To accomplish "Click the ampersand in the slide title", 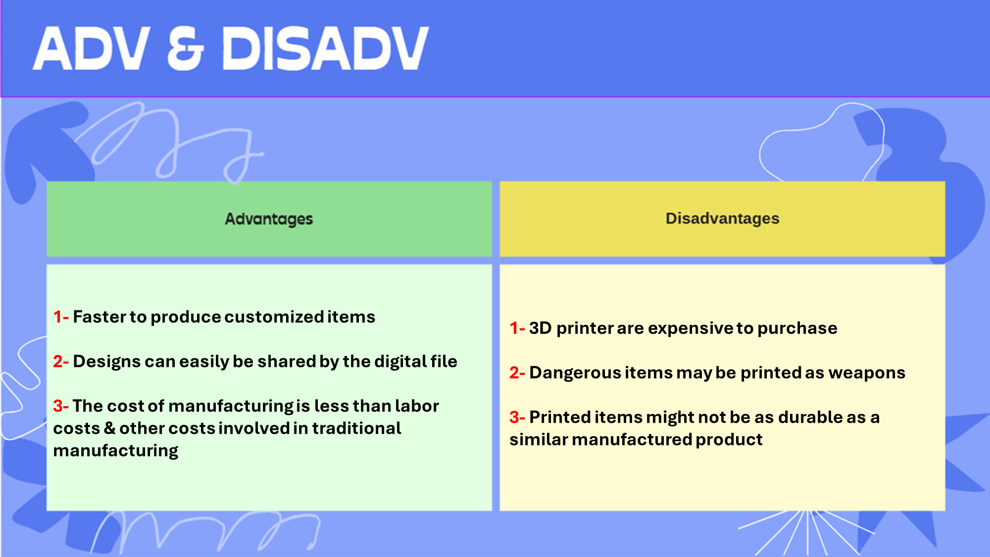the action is click(186, 48).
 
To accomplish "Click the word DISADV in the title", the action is click(325, 48).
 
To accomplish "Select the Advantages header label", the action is click(269, 219).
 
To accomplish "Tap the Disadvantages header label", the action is click(722, 218).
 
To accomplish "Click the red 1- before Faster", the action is click(61, 317).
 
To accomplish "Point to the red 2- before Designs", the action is click(61, 361).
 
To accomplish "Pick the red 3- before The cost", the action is click(61, 406).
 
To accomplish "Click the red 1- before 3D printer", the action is click(517, 328).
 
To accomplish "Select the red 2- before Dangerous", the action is click(517, 372).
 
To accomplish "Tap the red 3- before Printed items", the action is click(517, 417).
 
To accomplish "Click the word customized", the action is click(274, 317).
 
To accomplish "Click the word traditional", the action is click(356, 428).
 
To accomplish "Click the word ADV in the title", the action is click(92, 48).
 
